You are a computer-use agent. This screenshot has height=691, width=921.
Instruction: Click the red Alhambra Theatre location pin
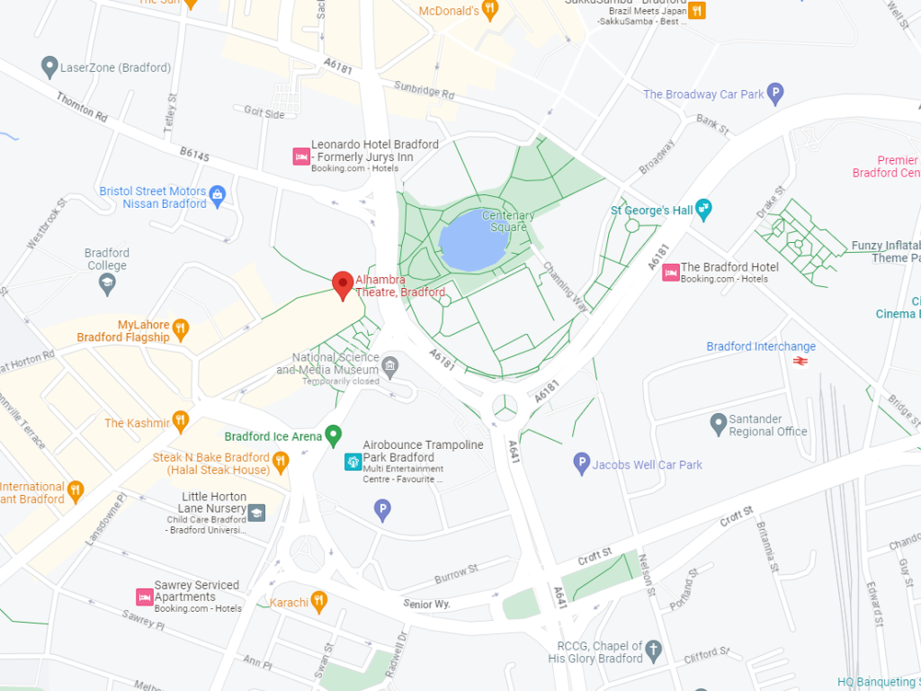click(342, 284)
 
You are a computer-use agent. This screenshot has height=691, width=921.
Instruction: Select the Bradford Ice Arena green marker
click(334, 436)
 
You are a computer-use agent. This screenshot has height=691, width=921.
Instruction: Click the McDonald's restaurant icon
click(489, 11)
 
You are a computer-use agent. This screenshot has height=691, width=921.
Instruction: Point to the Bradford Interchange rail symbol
click(798, 362)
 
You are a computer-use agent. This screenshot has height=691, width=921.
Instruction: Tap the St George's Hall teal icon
click(704, 211)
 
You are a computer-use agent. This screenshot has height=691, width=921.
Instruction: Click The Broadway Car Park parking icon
click(775, 94)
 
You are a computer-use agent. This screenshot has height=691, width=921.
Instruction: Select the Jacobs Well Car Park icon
click(581, 464)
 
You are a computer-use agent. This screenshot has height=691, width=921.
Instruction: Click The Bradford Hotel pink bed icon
click(670, 273)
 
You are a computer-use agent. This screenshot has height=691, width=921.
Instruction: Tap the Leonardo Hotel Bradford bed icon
click(301, 157)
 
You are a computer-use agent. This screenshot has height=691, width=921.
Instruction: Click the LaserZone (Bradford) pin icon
click(50, 67)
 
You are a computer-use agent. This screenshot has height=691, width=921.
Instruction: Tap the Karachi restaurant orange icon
click(318, 601)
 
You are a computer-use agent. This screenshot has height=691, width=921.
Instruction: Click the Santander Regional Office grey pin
click(718, 425)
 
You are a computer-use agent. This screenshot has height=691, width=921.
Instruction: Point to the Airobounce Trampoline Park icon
click(353, 462)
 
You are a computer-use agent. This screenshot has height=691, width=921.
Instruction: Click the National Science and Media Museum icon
click(389, 364)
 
